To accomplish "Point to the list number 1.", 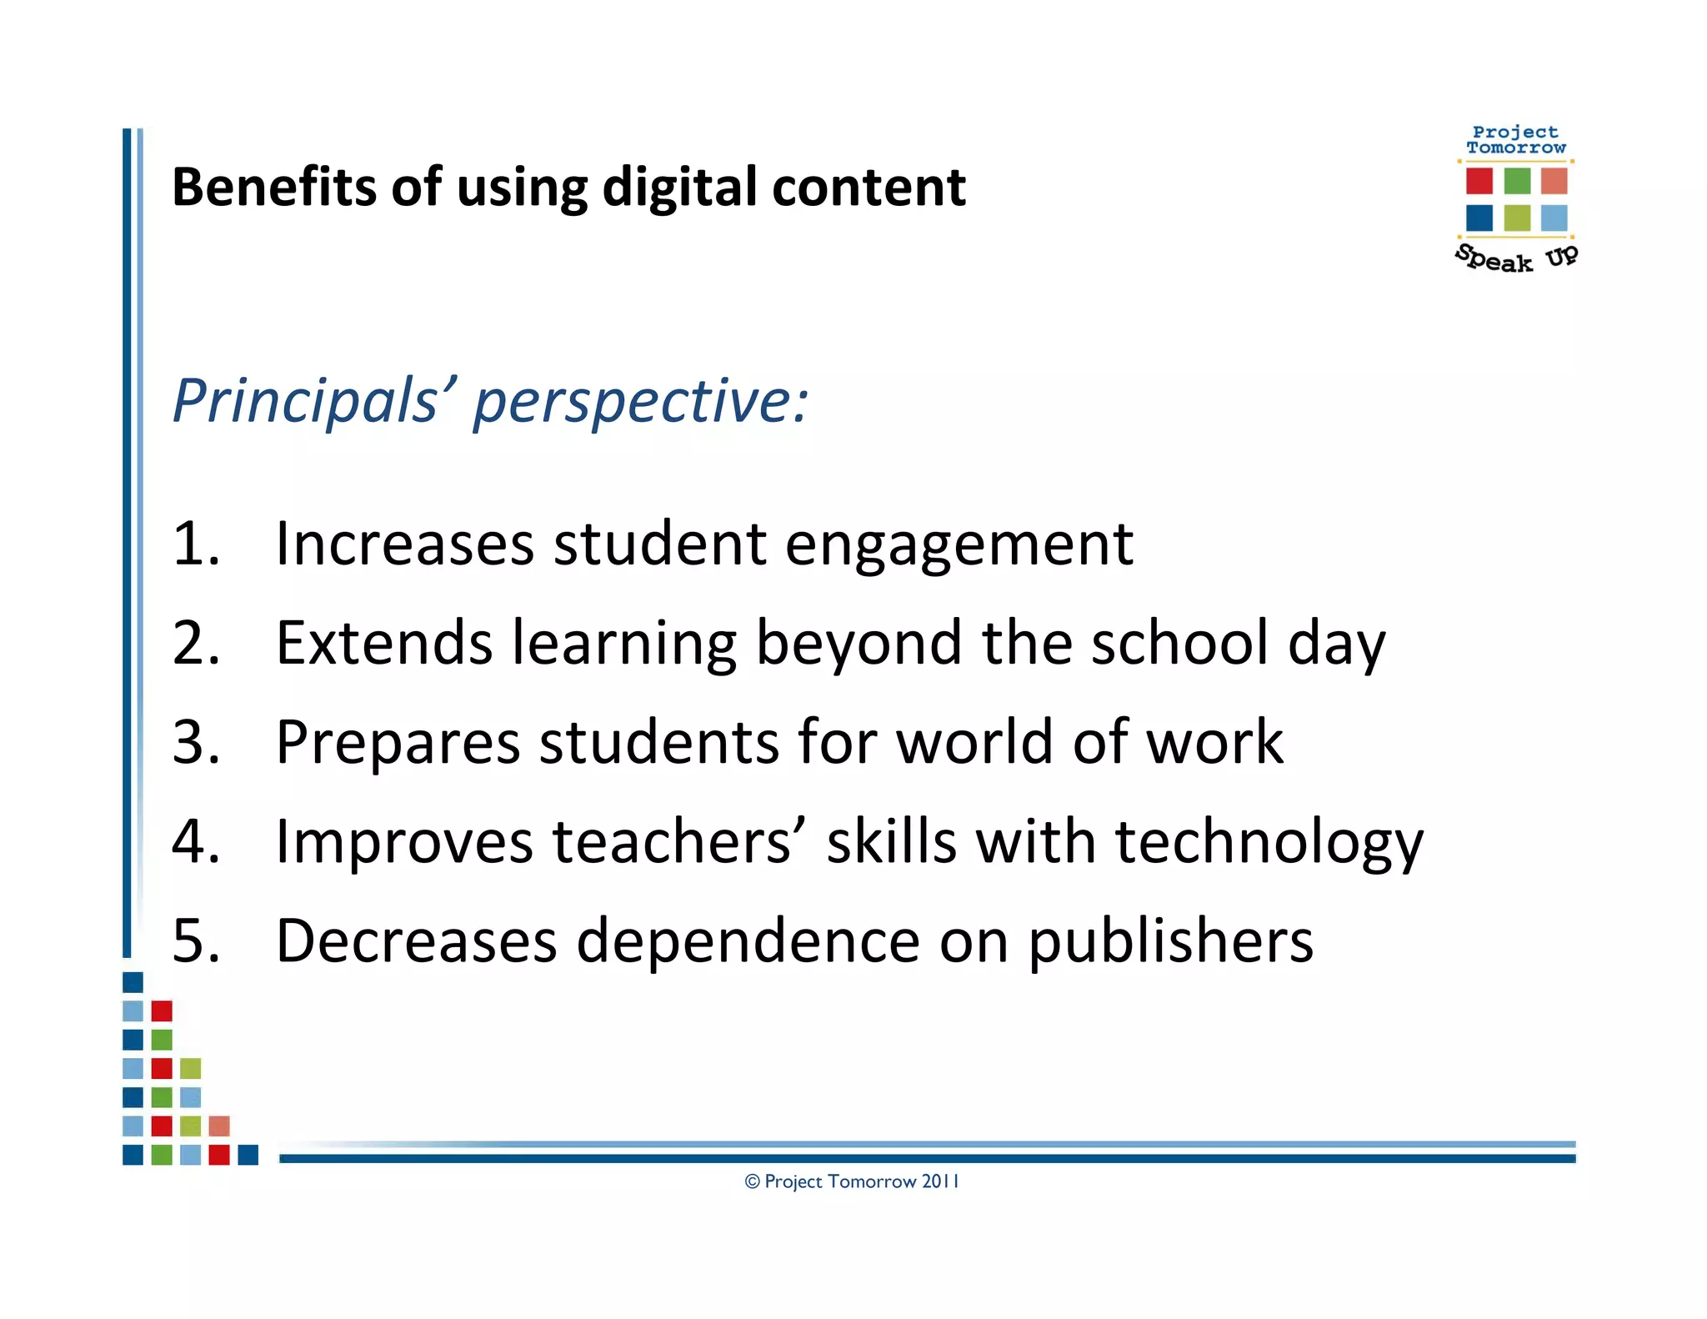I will (195, 544).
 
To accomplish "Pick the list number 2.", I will (196, 643).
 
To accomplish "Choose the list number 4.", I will (196, 840).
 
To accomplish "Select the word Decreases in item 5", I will (416, 940).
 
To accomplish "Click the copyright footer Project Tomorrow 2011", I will (852, 1181).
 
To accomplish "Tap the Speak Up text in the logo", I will (1516, 258).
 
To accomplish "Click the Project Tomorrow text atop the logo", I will (1516, 139).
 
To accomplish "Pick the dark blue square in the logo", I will (1479, 218).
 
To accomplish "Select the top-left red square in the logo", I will (1479, 180).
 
